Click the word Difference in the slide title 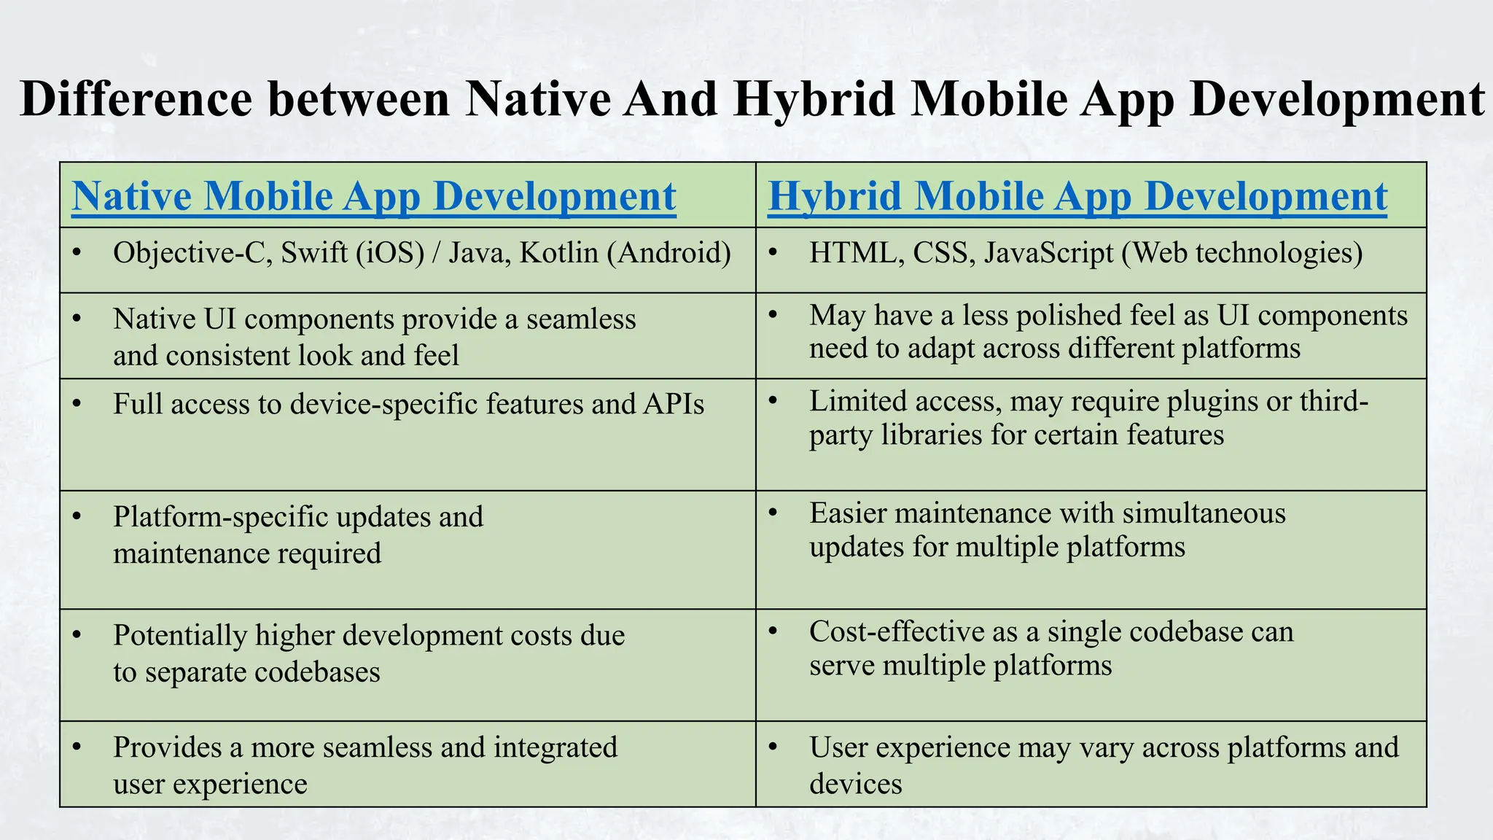(136, 99)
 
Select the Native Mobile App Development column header (374, 196)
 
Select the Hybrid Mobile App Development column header (1077, 196)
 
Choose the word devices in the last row (855, 784)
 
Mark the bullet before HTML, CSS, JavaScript (773, 253)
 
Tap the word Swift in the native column (314, 253)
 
